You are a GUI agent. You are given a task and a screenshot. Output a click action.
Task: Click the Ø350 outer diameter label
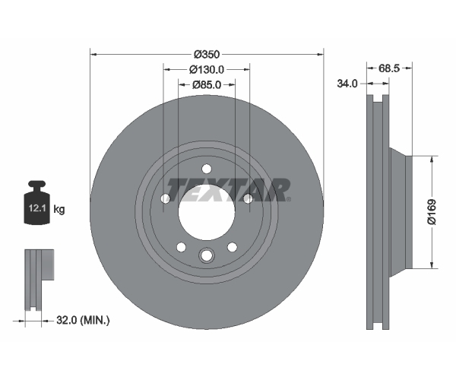point(207,55)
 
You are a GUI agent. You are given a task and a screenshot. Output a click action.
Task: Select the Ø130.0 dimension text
point(207,69)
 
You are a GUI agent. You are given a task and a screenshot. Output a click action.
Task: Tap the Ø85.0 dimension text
point(207,84)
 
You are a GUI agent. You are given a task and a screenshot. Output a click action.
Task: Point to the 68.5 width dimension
point(389,68)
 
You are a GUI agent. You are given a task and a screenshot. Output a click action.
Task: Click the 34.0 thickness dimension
point(347,84)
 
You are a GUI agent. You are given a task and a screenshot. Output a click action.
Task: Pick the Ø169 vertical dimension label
point(432,212)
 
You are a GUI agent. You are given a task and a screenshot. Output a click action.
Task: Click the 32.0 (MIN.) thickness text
point(83,321)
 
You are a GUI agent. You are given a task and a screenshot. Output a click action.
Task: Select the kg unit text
point(59,209)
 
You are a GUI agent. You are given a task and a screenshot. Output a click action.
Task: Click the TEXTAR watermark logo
point(228,190)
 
